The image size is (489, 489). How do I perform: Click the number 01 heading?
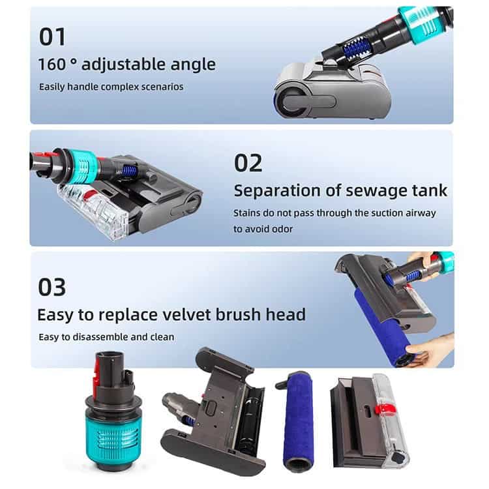coord(52,37)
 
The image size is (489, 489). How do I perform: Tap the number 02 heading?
coord(248,163)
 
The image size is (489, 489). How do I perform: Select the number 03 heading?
coord(52,287)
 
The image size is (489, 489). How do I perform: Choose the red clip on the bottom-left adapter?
coord(98,372)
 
